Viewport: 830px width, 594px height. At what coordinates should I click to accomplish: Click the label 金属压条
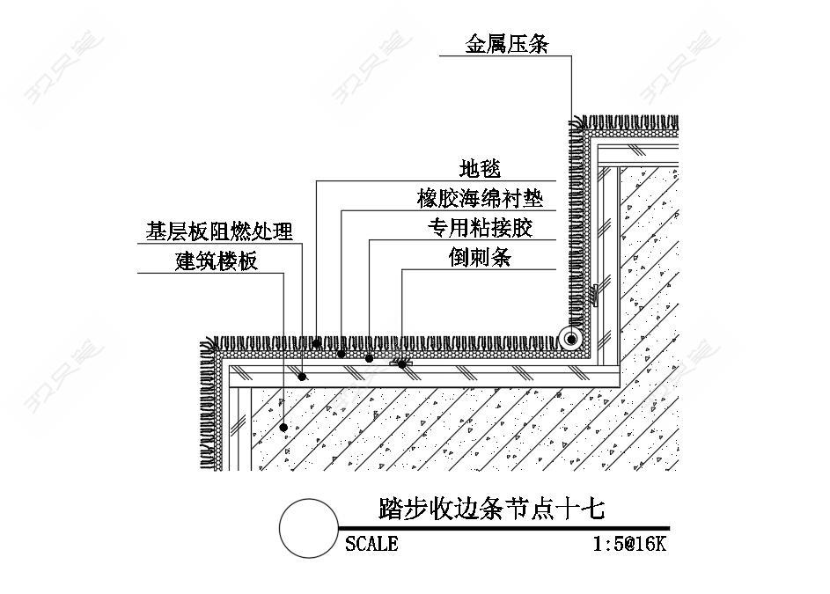[507, 44]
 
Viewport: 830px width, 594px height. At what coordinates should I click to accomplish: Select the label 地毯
[480, 169]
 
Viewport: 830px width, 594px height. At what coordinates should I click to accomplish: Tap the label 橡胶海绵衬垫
[480, 199]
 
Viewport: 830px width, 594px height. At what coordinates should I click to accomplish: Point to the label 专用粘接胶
[480, 228]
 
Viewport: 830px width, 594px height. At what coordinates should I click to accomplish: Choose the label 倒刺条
[480, 258]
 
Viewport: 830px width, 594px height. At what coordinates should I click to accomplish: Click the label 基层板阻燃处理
[219, 231]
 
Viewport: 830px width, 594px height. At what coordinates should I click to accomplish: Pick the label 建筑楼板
[216, 261]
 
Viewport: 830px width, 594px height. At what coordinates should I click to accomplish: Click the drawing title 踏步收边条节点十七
[492, 509]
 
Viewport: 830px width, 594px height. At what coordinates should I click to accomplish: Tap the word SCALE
[371, 544]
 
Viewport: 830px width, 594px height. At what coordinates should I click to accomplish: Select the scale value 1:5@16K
[629, 544]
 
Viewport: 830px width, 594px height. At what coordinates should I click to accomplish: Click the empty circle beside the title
[309, 528]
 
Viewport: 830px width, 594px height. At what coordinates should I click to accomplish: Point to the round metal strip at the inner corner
[571, 338]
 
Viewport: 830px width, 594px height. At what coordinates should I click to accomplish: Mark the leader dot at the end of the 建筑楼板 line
[283, 427]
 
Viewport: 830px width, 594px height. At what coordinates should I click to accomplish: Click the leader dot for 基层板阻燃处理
[302, 377]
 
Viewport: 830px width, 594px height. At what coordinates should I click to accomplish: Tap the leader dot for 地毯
[317, 343]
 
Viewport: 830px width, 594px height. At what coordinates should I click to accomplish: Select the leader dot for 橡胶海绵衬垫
[342, 354]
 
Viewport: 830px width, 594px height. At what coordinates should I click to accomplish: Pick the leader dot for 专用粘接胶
[369, 359]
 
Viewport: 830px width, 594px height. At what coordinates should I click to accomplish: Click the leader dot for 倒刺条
[402, 364]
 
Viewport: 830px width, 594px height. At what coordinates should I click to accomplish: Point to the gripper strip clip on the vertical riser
[594, 296]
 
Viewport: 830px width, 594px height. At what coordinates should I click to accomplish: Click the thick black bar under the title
[504, 528]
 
